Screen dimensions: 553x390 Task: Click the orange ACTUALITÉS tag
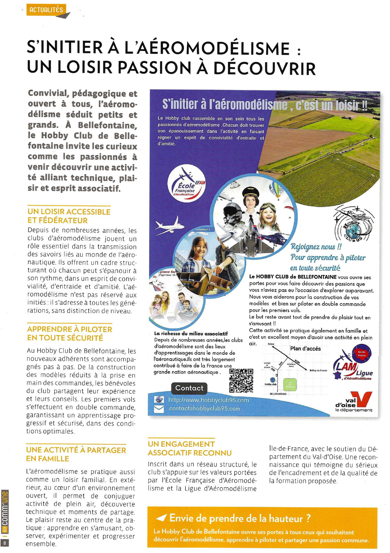click(x=46, y=10)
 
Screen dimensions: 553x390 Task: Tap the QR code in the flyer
click(x=241, y=380)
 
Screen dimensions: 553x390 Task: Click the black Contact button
click(x=189, y=388)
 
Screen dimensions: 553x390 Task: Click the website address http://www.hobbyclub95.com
click(x=208, y=400)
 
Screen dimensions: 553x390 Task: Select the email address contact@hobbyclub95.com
click(x=204, y=409)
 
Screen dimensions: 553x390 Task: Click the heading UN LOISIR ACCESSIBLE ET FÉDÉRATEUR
click(x=69, y=216)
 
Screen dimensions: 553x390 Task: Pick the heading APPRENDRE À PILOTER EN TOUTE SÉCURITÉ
click(x=69, y=333)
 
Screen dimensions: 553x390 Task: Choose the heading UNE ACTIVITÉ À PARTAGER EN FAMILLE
click(x=76, y=454)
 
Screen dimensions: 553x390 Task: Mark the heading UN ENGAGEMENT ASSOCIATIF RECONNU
click(x=189, y=448)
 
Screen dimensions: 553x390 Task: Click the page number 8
click(x=5, y=543)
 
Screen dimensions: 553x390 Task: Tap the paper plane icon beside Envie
click(x=161, y=518)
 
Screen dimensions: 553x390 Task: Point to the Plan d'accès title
click(x=305, y=348)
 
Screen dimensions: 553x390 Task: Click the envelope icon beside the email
click(x=159, y=409)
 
